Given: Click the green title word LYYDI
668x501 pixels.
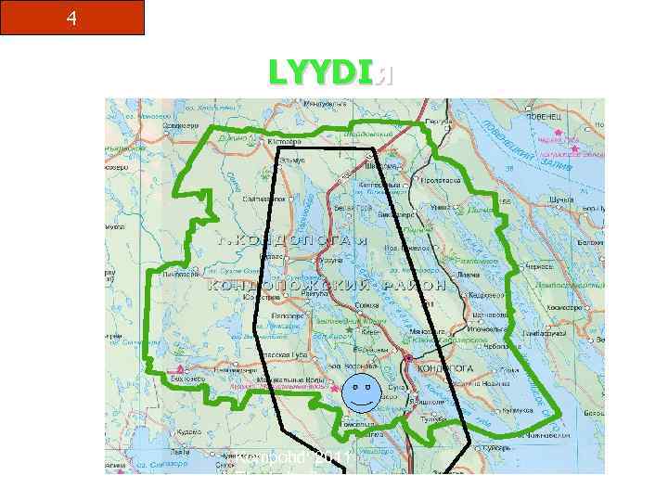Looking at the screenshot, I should point(321,72).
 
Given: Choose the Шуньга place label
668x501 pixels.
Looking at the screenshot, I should point(561,197).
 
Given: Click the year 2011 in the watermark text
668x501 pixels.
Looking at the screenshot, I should point(331,457).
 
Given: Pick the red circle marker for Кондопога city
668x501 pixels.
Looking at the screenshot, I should point(408,357).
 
